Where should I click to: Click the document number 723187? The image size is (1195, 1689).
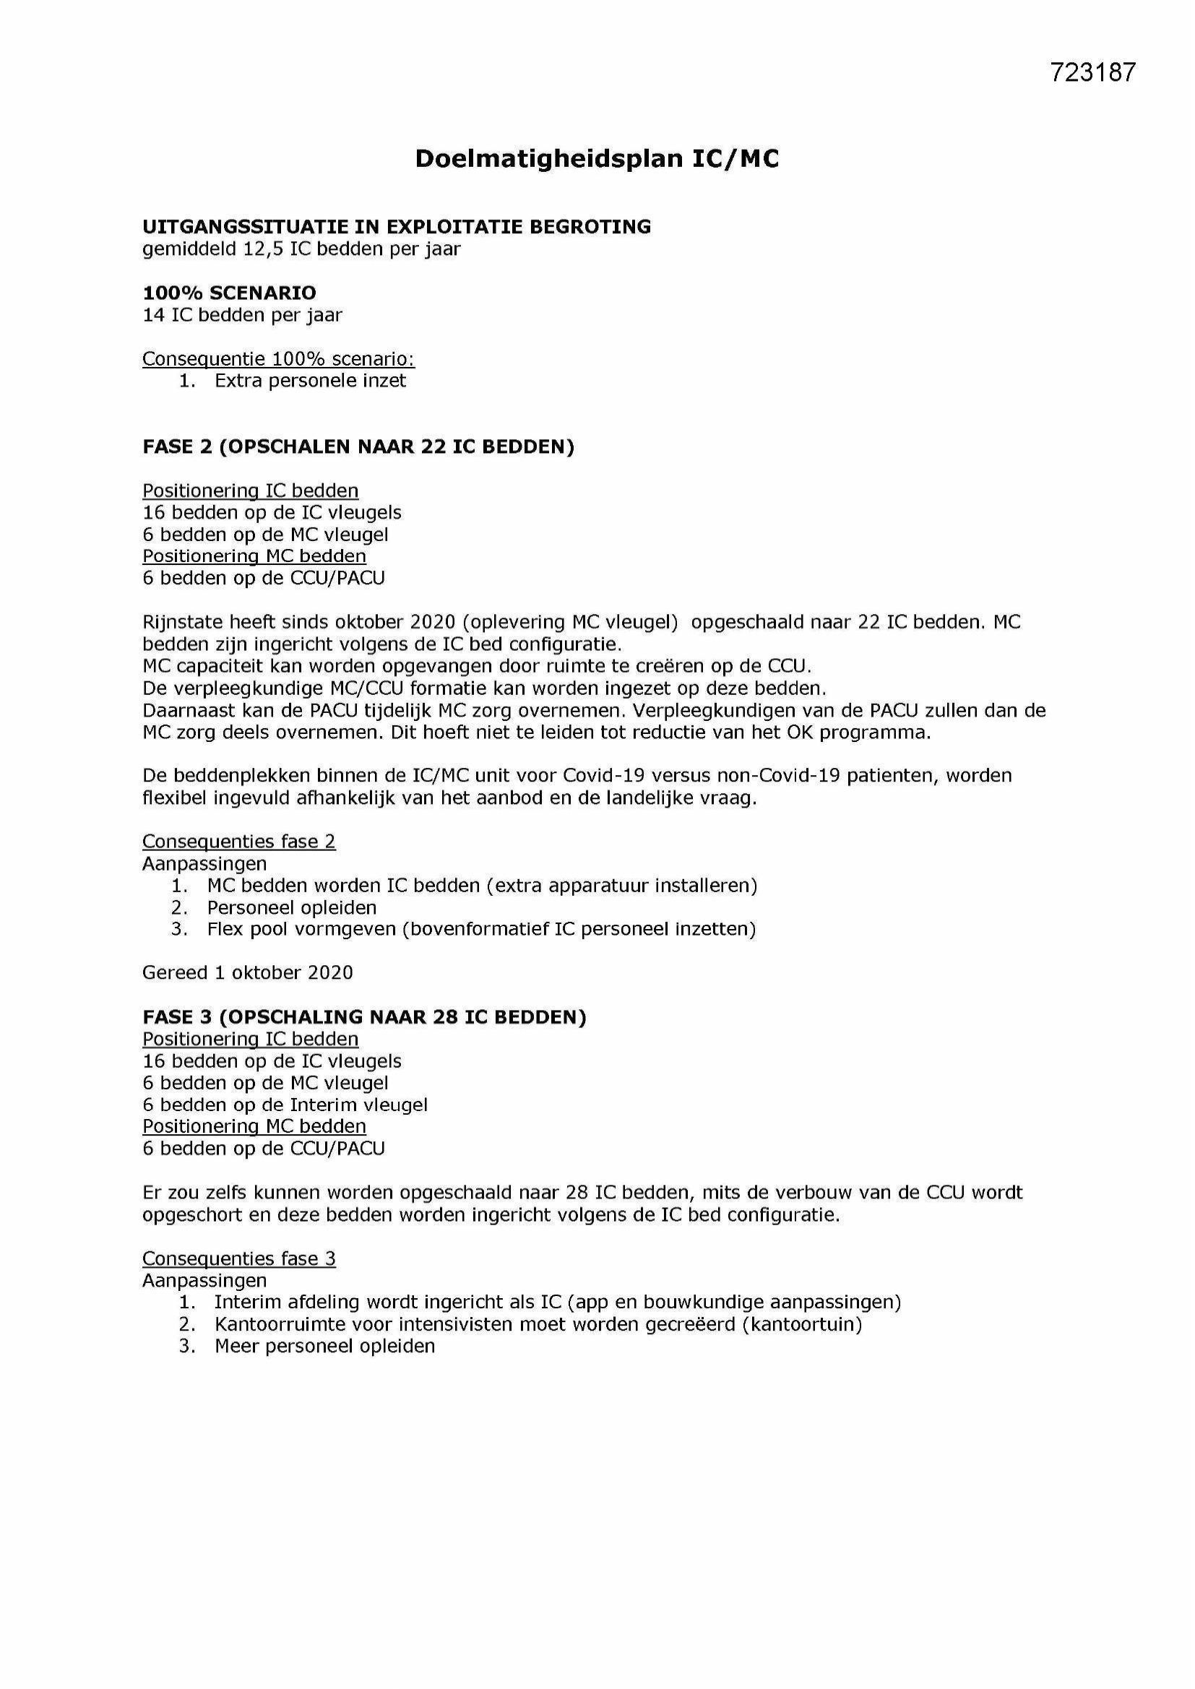pos(1092,72)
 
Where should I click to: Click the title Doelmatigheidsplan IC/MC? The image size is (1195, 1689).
pos(597,159)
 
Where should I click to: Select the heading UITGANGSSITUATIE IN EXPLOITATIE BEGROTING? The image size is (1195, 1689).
pos(397,227)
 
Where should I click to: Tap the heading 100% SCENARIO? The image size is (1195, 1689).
pos(229,293)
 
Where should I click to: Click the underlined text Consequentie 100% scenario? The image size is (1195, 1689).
pos(278,359)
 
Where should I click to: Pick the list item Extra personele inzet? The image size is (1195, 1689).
pos(310,380)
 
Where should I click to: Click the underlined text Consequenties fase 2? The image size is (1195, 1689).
pos(238,842)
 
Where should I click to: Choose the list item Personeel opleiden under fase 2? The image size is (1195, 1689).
pos(291,908)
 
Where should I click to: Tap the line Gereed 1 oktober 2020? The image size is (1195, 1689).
pos(247,972)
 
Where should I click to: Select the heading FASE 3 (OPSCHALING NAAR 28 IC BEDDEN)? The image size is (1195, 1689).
pos(363,1017)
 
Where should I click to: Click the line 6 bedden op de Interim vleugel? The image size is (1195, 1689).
pos(285,1105)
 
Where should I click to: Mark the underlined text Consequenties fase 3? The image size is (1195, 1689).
pos(238,1258)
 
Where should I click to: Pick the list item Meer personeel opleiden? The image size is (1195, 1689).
pos(324,1346)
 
